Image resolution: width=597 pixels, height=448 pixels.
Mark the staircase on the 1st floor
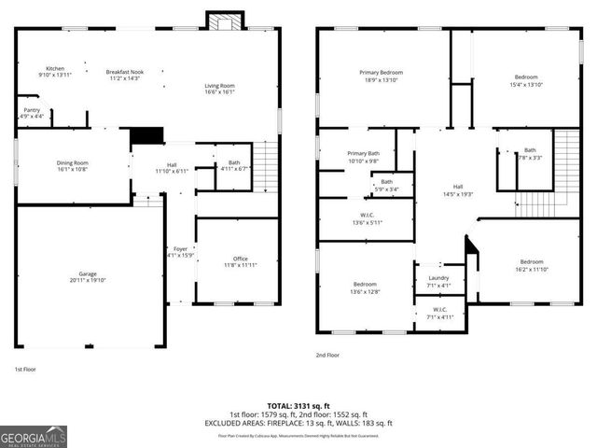click(x=266, y=166)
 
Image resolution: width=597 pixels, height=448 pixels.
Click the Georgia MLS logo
click(x=34, y=437)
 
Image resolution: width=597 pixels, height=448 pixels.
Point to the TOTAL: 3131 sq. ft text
click(x=298, y=405)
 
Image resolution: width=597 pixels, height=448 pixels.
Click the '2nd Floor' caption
click(x=327, y=356)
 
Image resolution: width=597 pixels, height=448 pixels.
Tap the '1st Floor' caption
click(x=25, y=369)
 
